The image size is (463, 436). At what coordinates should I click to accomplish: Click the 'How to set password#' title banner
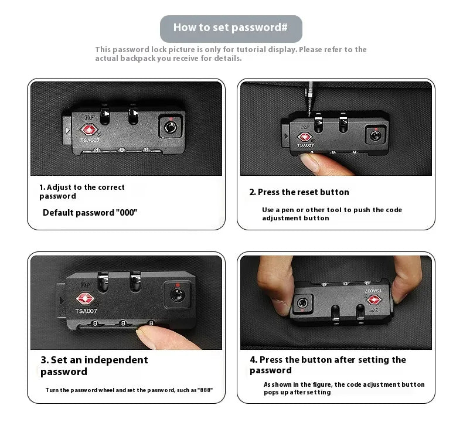click(231, 29)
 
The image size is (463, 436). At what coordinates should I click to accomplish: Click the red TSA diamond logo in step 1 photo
click(89, 130)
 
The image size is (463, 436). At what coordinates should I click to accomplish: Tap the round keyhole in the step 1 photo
click(170, 128)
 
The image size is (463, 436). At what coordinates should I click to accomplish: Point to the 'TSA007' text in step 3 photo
click(86, 311)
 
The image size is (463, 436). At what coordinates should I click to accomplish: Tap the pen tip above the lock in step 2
click(309, 114)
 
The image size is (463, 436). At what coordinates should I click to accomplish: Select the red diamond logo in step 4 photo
click(373, 300)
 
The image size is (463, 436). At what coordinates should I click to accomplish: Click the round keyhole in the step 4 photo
click(302, 303)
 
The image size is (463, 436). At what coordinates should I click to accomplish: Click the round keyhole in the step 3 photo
click(178, 295)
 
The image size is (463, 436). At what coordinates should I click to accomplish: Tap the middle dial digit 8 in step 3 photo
click(123, 323)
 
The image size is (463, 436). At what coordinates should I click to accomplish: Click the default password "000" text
click(127, 213)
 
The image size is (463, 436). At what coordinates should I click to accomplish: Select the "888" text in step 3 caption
click(206, 390)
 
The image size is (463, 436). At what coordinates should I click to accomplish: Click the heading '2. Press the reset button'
click(299, 192)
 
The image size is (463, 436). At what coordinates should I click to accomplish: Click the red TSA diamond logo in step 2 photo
click(305, 137)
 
